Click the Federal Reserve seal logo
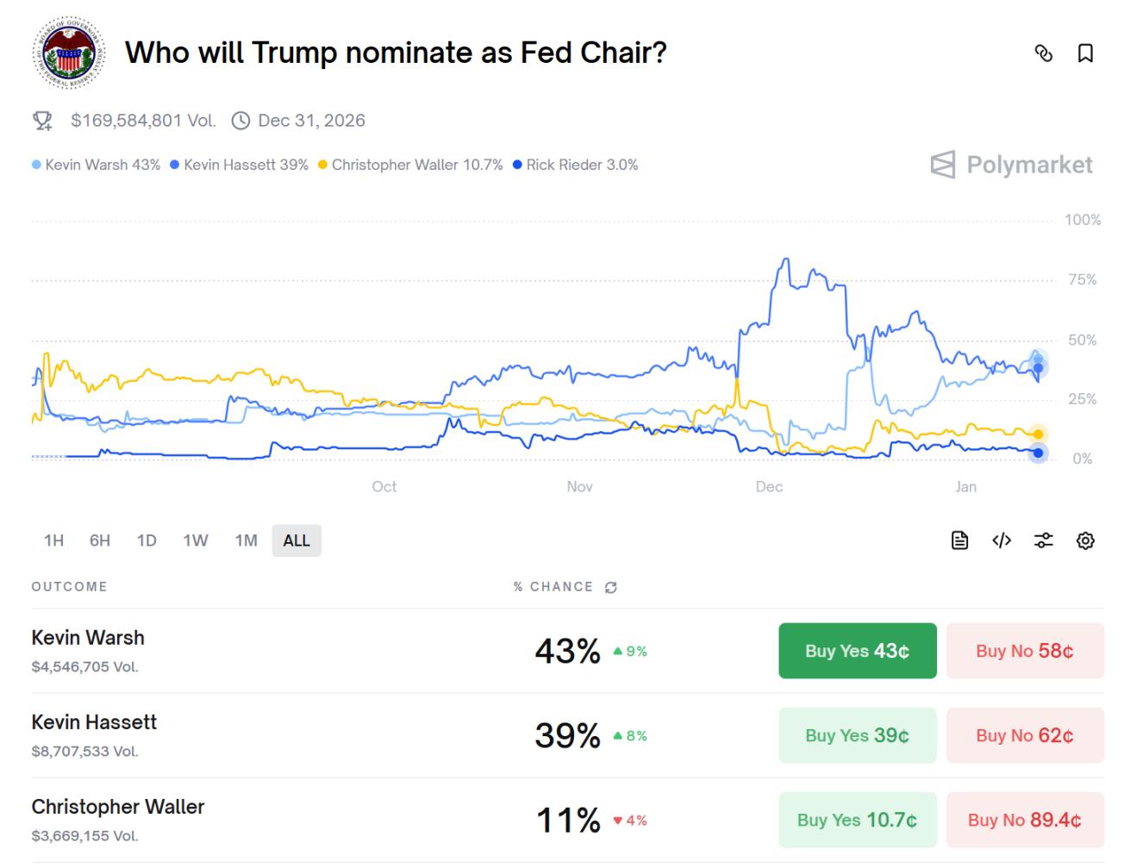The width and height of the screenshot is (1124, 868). pos(69,53)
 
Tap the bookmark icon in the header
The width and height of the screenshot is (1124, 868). pos(1085,53)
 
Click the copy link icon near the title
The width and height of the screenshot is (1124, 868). pos(1043,53)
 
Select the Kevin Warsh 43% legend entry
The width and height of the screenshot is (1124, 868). pos(97,165)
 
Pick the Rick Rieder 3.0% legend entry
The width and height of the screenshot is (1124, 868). pos(576,165)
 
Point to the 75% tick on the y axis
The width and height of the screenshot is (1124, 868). pos(1082,280)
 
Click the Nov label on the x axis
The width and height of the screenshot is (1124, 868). pos(579,487)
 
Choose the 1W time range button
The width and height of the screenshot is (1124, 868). pos(196,540)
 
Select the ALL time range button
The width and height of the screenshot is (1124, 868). pos(297,540)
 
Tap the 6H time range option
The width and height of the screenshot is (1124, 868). pos(100,540)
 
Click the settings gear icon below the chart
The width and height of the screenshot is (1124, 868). pos(1085,540)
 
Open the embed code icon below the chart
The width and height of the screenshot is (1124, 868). pos(1002,540)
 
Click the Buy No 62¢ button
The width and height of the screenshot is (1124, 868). pos(1024,735)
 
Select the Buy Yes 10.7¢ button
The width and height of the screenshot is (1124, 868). pos(857,820)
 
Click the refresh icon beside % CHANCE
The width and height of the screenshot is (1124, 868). pos(611,587)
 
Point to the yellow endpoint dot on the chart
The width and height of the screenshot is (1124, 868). pos(1038,434)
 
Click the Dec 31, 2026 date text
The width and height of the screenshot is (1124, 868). pos(311,121)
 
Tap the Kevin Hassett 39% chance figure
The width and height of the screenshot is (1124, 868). pos(567,735)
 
